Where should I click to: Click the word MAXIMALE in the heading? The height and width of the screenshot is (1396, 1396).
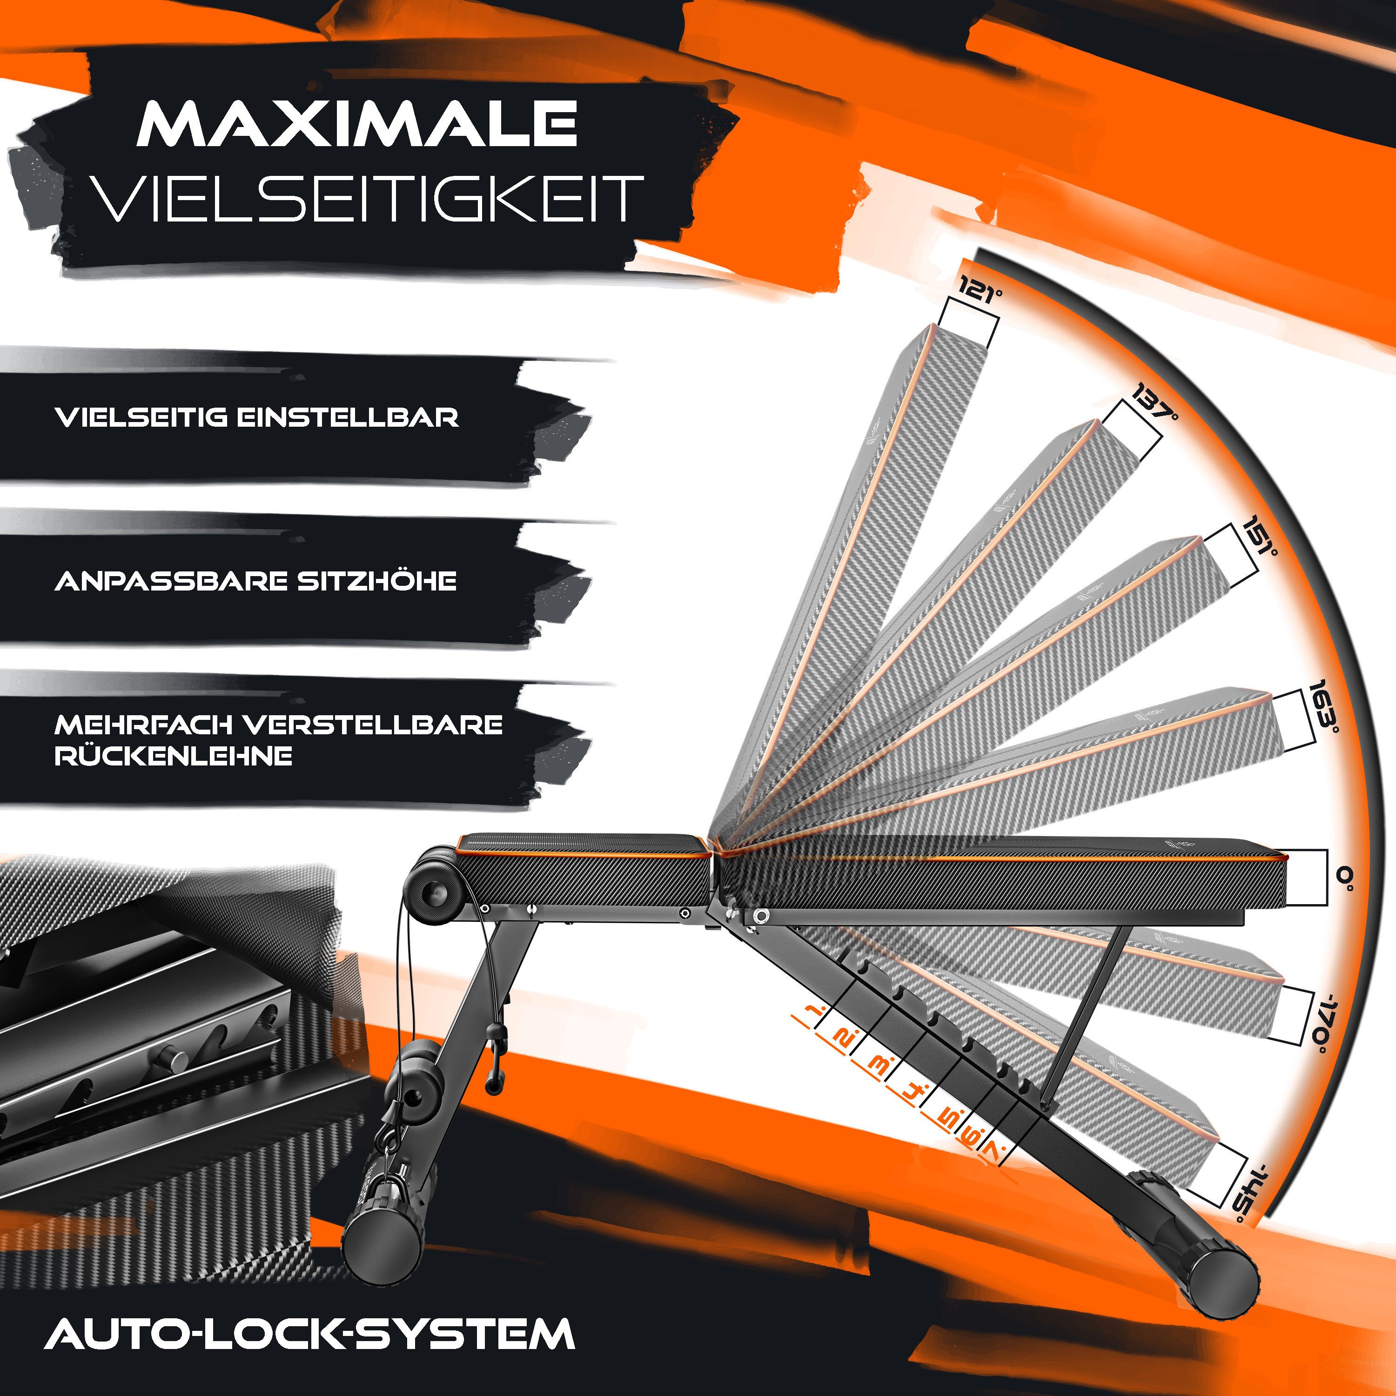[357, 124]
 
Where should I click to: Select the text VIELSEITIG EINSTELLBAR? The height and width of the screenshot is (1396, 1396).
[256, 418]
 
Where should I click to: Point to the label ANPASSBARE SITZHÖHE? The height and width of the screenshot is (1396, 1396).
[256, 581]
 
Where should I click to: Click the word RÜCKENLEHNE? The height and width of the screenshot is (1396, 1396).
[174, 756]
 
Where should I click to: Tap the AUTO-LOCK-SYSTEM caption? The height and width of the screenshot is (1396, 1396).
[309, 1334]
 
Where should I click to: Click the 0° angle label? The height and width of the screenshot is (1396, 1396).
[1343, 877]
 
